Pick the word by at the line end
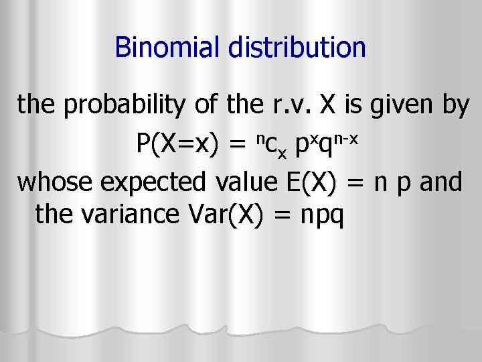455,106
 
